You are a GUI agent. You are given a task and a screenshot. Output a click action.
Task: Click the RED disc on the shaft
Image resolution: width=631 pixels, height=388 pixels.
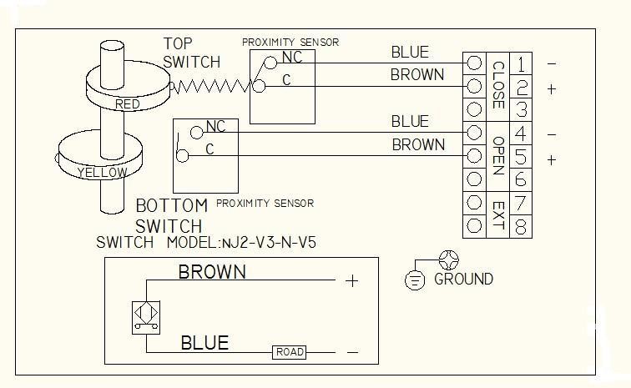point(128,103)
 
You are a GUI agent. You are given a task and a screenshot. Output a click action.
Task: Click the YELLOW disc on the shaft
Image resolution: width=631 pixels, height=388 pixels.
point(102,172)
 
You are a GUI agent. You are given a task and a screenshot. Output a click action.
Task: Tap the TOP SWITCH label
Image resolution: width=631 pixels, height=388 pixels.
point(191,53)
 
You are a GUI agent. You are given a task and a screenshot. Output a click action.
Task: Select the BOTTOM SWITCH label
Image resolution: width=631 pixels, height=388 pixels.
point(171,215)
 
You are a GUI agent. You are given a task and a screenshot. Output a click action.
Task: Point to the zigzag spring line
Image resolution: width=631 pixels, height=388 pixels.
point(212,86)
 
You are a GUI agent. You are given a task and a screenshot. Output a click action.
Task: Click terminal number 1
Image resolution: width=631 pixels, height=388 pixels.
point(521,63)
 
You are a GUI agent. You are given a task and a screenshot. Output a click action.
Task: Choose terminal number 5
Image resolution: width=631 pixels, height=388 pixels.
point(521,157)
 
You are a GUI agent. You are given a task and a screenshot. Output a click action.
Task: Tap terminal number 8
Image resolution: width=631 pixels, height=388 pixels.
point(521,226)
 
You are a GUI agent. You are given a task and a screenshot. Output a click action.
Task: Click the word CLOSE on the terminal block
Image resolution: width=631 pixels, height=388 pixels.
point(497,86)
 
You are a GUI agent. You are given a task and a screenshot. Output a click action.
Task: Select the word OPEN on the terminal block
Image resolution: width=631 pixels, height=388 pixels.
point(497,155)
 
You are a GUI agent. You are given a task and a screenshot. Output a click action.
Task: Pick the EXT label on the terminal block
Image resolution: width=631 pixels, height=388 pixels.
point(497,214)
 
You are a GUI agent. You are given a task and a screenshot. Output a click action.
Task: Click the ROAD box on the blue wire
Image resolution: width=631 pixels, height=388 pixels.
point(290,353)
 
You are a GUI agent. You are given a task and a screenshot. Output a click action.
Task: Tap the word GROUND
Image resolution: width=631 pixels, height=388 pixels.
point(463,280)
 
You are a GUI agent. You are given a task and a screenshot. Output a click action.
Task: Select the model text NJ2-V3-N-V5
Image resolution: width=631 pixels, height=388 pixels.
point(266,243)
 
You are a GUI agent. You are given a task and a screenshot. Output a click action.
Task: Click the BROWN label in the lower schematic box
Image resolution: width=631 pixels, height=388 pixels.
point(212,271)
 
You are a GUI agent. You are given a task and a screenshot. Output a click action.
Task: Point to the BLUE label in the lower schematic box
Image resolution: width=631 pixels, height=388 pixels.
point(204,343)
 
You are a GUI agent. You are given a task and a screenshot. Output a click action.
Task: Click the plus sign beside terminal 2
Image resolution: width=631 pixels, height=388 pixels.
point(551,88)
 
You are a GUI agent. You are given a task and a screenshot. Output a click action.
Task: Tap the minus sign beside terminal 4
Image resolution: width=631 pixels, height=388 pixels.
point(551,134)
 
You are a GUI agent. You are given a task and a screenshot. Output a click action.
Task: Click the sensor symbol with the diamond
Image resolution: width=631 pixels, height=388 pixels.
point(145,317)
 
